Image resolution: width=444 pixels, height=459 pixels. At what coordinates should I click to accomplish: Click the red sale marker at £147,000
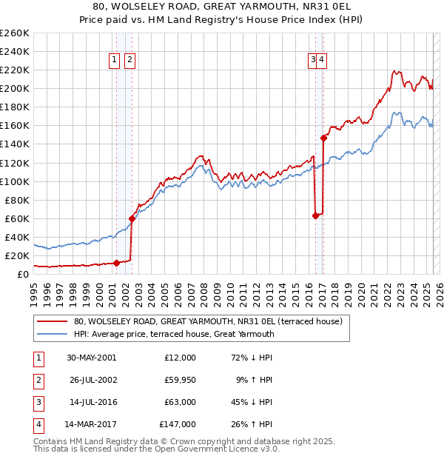click(x=323, y=138)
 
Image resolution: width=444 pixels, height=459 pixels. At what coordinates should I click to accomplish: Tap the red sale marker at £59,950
click(x=132, y=218)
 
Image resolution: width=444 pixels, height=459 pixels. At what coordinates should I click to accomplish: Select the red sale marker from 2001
click(x=116, y=263)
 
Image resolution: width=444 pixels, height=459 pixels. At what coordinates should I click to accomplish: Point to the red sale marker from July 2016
click(x=315, y=215)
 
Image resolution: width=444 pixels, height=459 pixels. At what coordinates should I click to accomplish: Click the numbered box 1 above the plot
click(x=115, y=61)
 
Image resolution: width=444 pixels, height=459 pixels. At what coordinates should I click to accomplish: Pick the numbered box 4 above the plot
click(x=323, y=61)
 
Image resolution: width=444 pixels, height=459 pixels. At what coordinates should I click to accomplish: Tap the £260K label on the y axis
click(x=15, y=33)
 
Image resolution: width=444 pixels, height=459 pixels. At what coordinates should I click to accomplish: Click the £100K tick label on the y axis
click(x=15, y=181)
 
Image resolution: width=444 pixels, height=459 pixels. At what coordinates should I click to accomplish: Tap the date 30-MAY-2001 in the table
click(x=91, y=358)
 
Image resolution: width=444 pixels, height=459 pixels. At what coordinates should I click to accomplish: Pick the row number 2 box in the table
click(x=38, y=380)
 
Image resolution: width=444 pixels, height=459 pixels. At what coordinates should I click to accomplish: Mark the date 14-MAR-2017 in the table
click(x=91, y=424)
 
